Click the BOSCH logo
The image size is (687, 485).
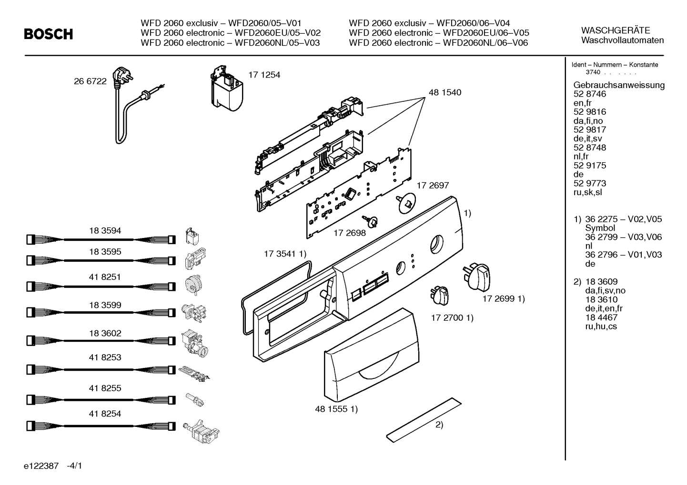click(x=48, y=34)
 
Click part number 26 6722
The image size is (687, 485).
click(x=90, y=81)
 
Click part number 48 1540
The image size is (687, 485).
click(x=445, y=92)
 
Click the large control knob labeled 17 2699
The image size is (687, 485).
click(x=476, y=277)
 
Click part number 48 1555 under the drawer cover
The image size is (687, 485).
click(x=336, y=408)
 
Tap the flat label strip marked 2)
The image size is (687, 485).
click(x=424, y=417)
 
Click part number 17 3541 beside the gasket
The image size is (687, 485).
click(x=284, y=254)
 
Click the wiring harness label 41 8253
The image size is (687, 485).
click(x=105, y=357)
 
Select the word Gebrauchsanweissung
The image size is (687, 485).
click(x=619, y=85)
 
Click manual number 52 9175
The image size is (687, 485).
click(x=590, y=166)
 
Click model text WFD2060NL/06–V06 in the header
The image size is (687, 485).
click(x=485, y=43)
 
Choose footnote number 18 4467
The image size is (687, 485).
click(x=601, y=317)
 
